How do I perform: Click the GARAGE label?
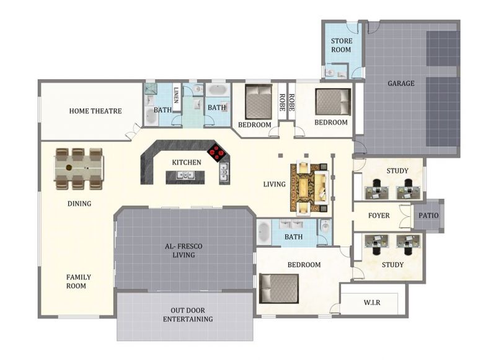click(401, 84)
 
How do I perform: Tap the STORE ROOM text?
click(342, 45)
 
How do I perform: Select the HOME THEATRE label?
click(95, 111)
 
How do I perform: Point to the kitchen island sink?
click(185, 175)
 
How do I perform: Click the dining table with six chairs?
click(79, 169)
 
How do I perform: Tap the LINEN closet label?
click(176, 95)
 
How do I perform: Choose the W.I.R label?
click(371, 302)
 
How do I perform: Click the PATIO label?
click(428, 216)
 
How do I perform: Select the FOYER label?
click(379, 216)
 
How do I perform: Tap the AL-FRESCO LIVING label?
click(184, 251)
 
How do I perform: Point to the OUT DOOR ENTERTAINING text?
click(188, 315)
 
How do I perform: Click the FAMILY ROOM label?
click(79, 281)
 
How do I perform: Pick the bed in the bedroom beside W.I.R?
click(278, 289)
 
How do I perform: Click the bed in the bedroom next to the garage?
click(333, 102)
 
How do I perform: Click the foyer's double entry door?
click(405, 216)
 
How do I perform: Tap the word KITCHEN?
click(187, 162)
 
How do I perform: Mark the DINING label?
click(79, 204)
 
